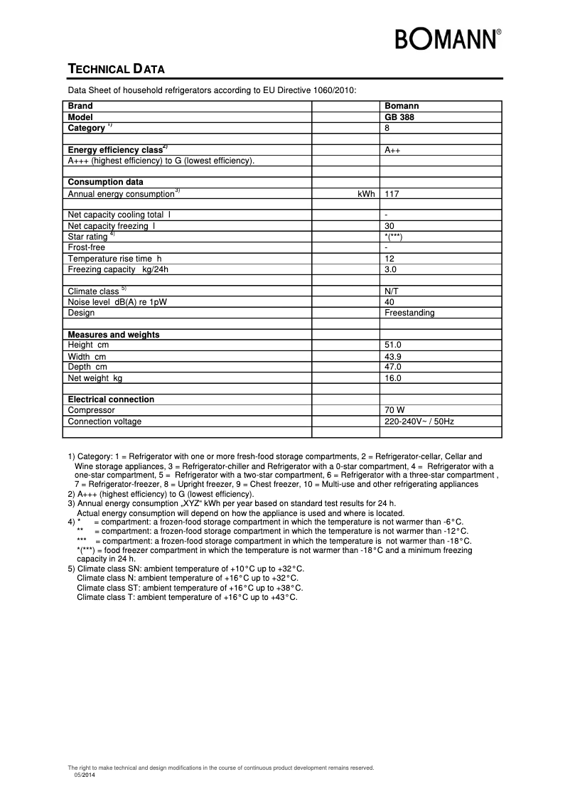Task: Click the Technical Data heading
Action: click(116, 69)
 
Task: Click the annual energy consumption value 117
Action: click(391, 193)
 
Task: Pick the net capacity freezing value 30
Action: click(389, 226)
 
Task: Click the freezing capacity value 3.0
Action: click(390, 269)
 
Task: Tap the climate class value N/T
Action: click(392, 291)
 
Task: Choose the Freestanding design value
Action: click(409, 313)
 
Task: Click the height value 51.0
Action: click(393, 345)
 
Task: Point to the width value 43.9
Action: click(393, 356)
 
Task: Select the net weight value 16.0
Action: click(393, 378)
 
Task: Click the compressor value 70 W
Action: click(394, 410)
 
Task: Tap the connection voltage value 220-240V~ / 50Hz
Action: click(419, 421)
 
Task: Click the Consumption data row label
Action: click(105, 182)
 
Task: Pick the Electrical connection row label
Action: click(111, 399)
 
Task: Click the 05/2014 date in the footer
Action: click(84, 774)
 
